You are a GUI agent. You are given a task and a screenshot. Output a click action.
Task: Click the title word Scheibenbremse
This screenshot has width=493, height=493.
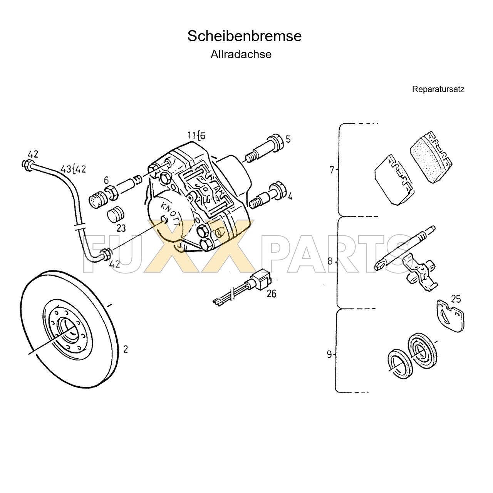(x=244, y=36)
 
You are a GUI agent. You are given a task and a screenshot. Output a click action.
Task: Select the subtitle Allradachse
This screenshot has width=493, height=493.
(x=241, y=54)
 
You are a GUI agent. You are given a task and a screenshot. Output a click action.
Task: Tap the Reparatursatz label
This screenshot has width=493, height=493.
(x=438, y=89)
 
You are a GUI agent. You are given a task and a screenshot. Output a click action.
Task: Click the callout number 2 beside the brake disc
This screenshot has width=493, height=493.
(x=125, y=349)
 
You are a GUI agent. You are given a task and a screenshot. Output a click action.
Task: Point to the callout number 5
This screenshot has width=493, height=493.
(x=288, y=139)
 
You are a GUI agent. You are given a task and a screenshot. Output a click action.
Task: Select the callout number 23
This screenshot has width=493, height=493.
(x=121, y=228)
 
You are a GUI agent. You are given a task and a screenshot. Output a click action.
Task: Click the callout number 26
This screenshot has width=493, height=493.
(x=272, y=293)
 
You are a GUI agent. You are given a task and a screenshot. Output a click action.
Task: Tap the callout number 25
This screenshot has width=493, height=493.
(x=456, y=299)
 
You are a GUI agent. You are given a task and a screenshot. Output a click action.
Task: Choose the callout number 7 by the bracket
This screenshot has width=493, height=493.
(x=332, y=169)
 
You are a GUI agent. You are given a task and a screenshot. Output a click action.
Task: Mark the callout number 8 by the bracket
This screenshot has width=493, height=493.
(x=330, y=261)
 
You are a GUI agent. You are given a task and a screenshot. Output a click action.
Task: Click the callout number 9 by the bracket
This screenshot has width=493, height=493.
(x=329, y=354)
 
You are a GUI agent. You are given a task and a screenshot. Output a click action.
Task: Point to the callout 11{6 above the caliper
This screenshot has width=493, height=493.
(x=196, y=136)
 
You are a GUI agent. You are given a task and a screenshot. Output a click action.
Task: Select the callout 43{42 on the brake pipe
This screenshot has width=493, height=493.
(x=73, y=169)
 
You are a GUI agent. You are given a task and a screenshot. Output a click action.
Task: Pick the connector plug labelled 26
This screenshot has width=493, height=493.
(x=259, y=280)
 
